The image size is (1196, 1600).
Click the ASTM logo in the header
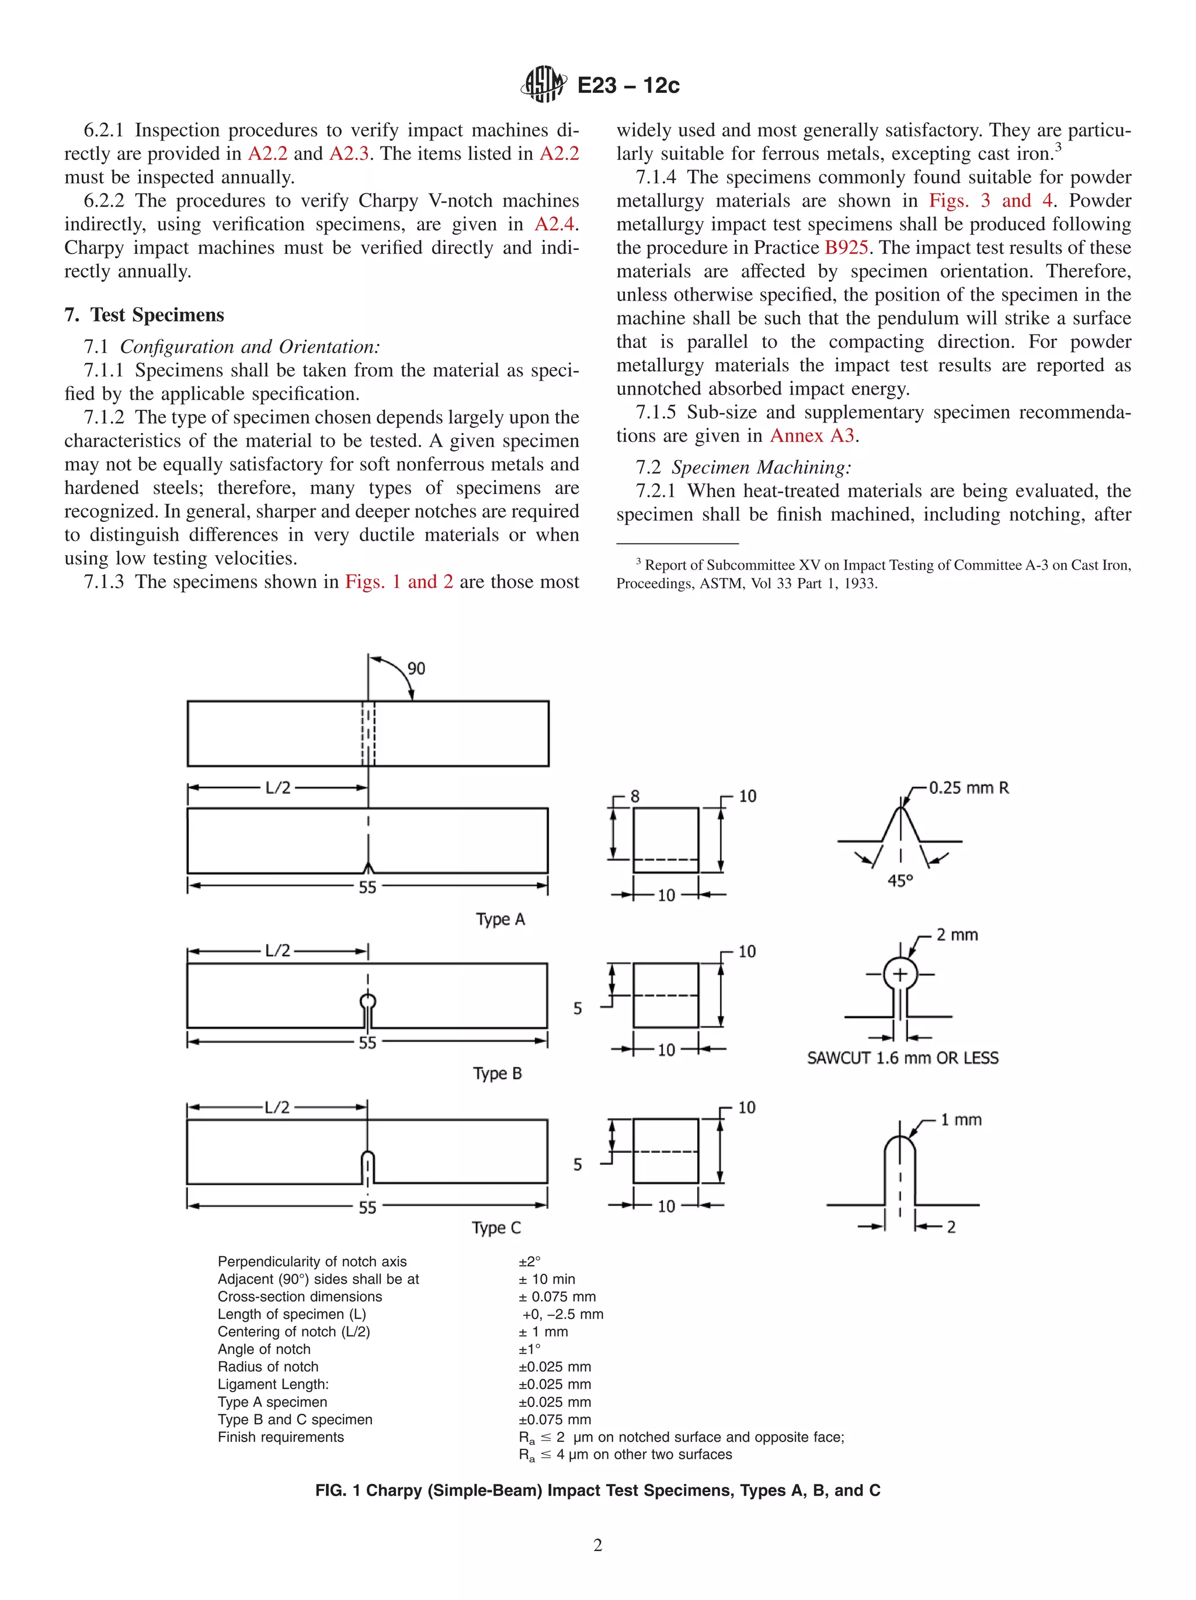point(543,84)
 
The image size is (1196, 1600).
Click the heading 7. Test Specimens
point(144,315)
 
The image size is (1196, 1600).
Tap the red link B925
point(846,248)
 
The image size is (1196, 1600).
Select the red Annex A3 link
point(812,435)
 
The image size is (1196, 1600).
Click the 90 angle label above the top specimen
point(416,668)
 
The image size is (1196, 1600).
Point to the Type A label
point(500,919)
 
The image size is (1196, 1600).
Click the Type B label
point(497,1073)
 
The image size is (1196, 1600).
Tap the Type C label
point(496,1228)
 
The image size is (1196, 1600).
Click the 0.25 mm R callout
point(968,787)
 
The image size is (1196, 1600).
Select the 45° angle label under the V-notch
point(900,881)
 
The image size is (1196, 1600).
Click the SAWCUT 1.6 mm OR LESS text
point(902,1058)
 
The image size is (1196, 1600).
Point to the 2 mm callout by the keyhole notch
point(957,935)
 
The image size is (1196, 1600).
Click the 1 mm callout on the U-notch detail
point(960,1120)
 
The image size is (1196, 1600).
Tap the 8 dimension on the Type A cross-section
point(635,796)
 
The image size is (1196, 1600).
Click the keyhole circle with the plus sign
point(899,974)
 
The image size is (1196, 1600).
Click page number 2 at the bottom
point(597,1545)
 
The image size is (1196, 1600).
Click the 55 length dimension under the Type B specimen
point(367,1043)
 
